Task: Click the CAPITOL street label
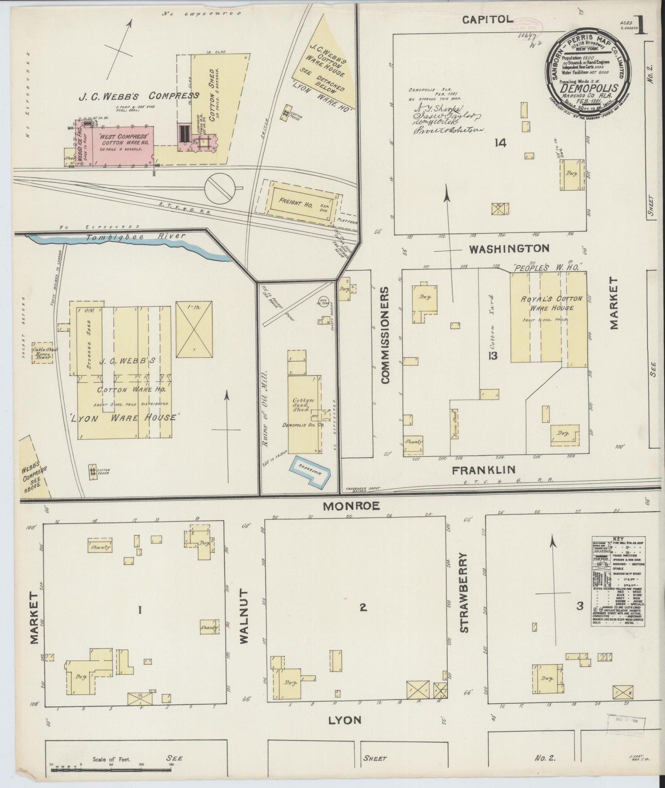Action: click(487, 19)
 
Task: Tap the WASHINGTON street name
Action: click(509, 249)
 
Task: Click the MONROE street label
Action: click(351, 506)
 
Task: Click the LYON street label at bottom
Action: click(344, 720)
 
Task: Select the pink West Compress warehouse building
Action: click(122, 143)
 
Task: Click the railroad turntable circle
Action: click(220, 188)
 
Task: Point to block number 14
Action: click(500, 143)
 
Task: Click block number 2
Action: click(363, 608)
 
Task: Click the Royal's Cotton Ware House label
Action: click(551, 303)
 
